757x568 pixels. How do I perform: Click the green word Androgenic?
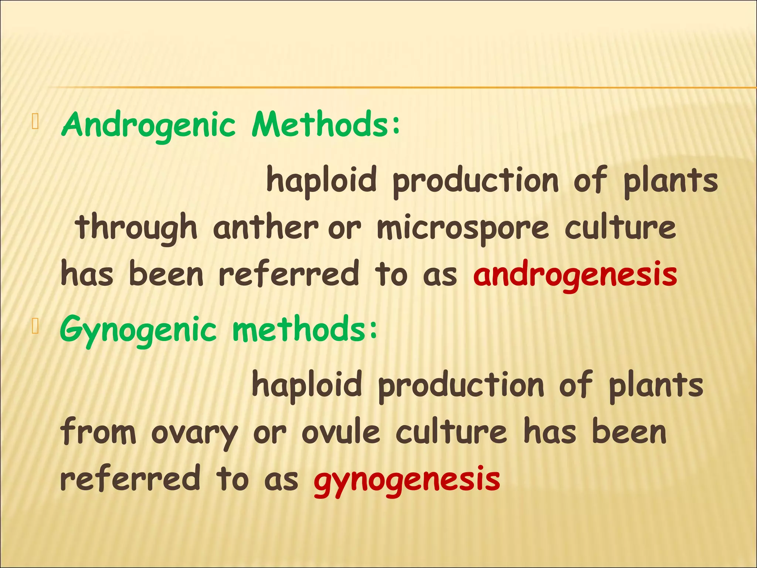tap(148, 125)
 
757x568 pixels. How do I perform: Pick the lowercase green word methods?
tap(299, 329)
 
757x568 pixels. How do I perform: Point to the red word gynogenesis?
tap(407, 479)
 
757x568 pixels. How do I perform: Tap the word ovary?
tap(194, 433)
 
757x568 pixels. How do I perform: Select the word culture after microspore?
tap(620, 228)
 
